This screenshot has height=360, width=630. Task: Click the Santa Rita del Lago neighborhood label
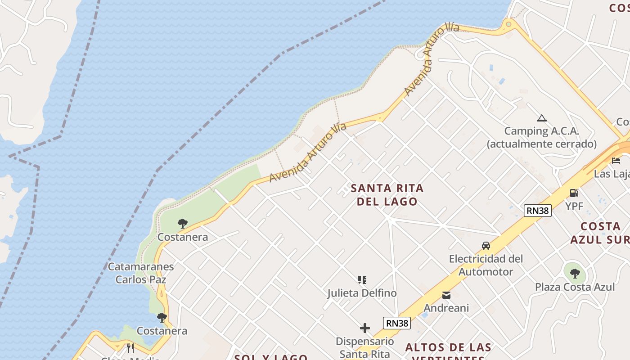(387, 194)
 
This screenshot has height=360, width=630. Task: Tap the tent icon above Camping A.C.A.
(541, 118)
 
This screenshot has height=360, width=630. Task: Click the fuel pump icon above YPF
(574, 193)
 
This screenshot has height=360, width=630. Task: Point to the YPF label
(574, 207)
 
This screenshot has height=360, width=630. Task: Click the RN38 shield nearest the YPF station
(537, 210)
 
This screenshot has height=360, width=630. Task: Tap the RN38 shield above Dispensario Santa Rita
(397, 323)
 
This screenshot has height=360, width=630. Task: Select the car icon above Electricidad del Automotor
(486, 246)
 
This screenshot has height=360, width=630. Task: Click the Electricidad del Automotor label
(486, 265)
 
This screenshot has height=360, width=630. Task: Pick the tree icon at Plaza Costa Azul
(575, 273)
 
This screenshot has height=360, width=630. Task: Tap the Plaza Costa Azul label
(575, 287)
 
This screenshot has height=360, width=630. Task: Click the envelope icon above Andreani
(446, 295)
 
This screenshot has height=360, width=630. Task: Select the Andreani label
(446, 308)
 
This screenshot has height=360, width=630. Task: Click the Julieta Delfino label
(362, 293)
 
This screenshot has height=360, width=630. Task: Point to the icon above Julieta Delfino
(362, 280)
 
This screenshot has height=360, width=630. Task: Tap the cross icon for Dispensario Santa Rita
(365, 328)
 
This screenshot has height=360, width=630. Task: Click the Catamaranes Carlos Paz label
(141, 273)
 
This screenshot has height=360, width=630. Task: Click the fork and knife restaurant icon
(130, 348)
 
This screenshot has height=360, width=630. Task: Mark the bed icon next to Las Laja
(616, 161)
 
